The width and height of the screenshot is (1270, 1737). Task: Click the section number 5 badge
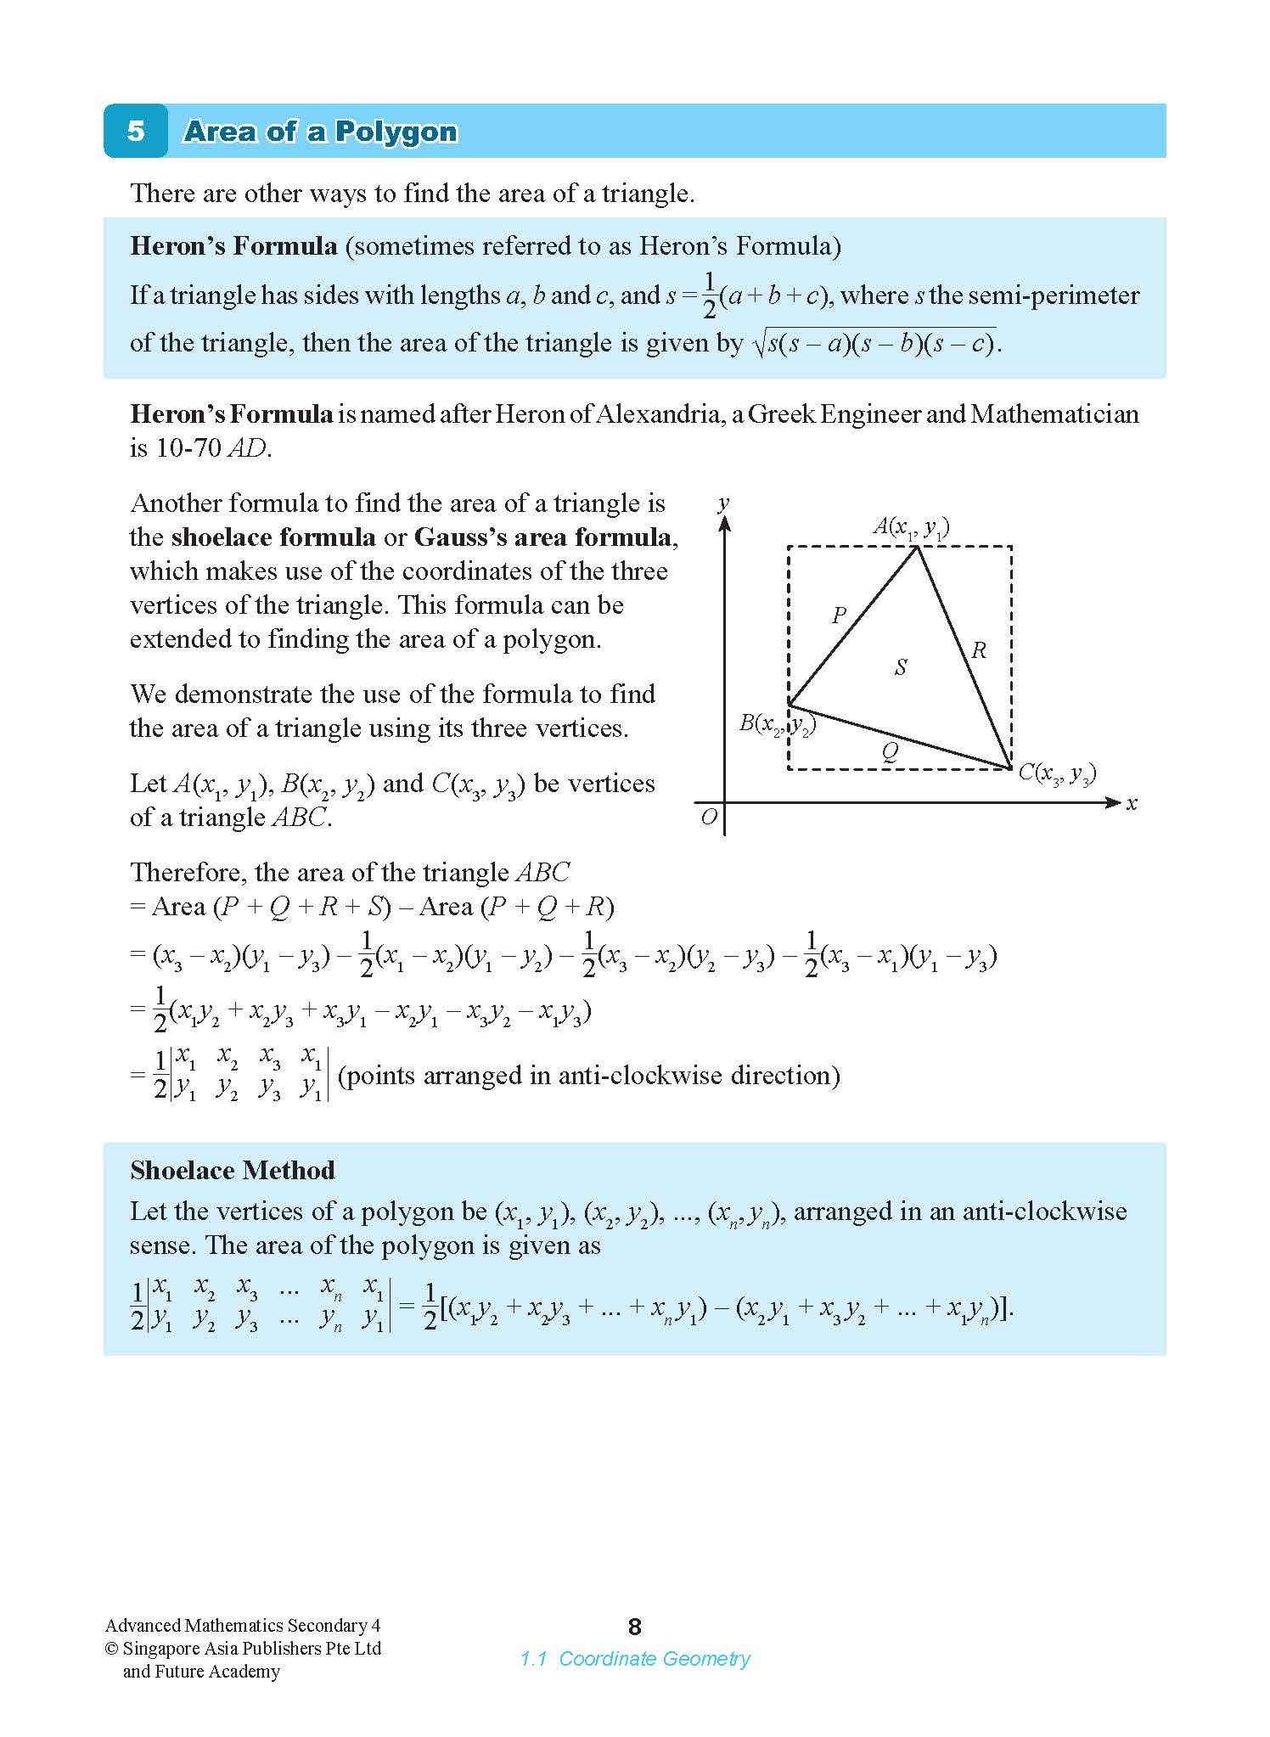(136, 132)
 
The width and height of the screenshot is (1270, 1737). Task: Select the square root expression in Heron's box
(874, 344)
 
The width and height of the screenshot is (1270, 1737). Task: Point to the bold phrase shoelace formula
(273, 537)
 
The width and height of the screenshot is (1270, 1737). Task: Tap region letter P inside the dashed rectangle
(839, 615)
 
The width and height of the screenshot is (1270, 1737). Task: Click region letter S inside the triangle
(901, 667)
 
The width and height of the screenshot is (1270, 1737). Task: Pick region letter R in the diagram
(978, 651)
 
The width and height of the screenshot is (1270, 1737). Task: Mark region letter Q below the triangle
(889, 750)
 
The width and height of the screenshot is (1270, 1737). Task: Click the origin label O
(709, 818)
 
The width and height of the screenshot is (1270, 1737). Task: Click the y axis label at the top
(723, 503)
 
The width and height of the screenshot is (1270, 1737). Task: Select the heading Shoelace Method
(232, 1171)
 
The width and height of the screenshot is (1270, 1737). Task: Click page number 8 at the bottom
(634, 1627)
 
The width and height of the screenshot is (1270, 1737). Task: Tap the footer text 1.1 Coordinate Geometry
(635, 1658)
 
